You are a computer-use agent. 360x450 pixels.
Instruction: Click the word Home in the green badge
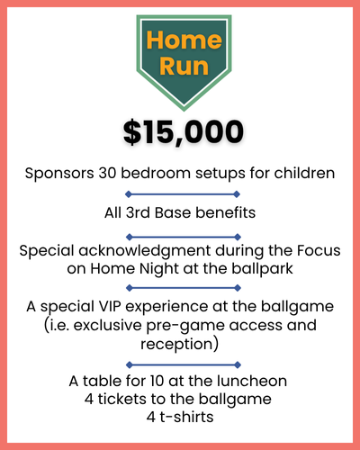[x=184, y=40]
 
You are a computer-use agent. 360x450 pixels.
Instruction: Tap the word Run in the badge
[x=184, y=66]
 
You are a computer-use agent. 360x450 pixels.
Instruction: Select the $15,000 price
[x=184, y=132]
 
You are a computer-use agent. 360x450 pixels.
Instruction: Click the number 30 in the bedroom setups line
[x=107, y=173]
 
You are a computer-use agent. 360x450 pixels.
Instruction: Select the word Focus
[x=319, y=250]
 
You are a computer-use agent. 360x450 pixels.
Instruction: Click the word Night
[x=159, y=269]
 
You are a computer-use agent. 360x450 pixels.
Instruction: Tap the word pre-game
[x=185, y=326]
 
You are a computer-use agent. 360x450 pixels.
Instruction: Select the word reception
[x=176, y=345]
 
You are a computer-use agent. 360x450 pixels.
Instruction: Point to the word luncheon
[x=252, y=381]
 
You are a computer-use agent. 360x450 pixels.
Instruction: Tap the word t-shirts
[x=186, y=417]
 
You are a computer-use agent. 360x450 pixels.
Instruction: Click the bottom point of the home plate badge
[x=184, y=112]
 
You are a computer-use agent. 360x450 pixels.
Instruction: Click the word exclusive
[x=107, y=325]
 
